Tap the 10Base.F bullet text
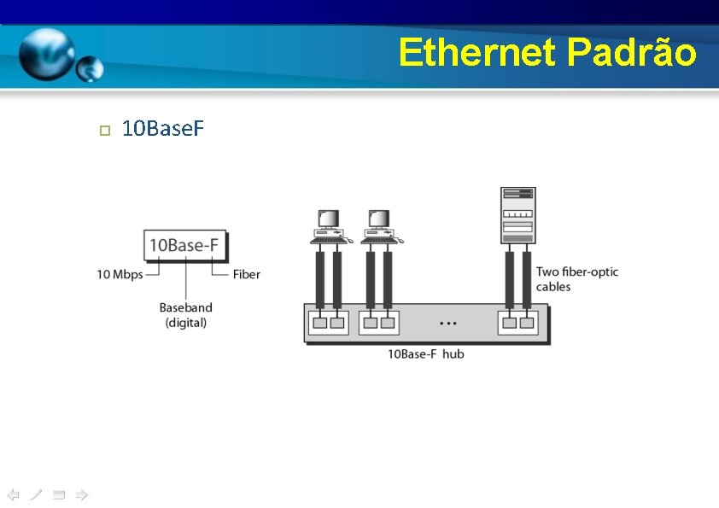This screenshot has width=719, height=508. tap(162, 129)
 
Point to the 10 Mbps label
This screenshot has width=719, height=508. tap(120, 274)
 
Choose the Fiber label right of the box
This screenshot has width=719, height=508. tap(247, 274)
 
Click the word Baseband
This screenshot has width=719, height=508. tap(186, 307)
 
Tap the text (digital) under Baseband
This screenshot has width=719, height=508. tap(186, 322)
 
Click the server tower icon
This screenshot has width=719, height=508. tap(517, 215)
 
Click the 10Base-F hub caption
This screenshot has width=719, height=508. tap(426, 353)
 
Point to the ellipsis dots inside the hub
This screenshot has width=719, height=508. tap(447, 324)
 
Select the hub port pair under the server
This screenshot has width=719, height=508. tap(517, 323)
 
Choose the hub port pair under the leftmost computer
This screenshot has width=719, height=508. tap(328, 323)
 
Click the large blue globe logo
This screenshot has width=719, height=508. tap(47, 53)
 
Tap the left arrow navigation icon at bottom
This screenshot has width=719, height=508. tap(13, 494)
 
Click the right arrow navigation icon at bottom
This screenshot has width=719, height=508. tap(81, 494)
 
